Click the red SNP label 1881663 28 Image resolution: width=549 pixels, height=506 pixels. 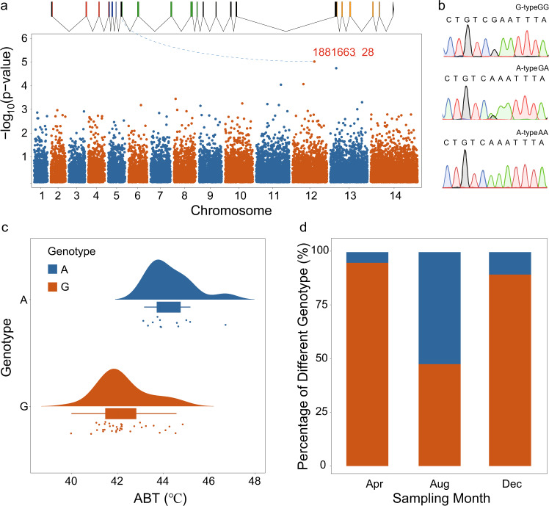click(x=344, y=52)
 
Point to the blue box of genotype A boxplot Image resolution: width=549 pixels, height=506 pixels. click(x=169, y=307)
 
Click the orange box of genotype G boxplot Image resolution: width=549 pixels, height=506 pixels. click(x=120, y=413)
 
